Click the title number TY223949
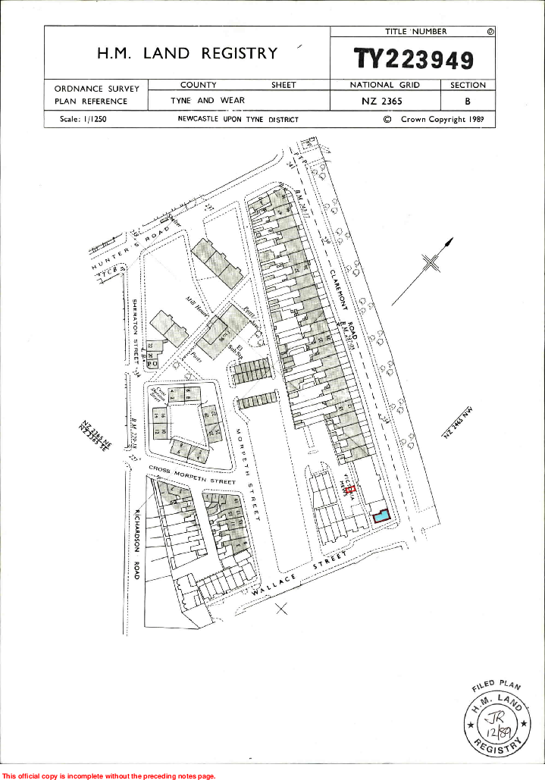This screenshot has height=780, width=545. pyautogui.click(x=414, y=60)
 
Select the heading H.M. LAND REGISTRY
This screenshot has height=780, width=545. pyautogui.click(x=187, y=53)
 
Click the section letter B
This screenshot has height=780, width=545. pyautogui.click(x=468, y=101)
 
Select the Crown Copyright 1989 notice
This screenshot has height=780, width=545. pyautogui.click(x=434, y=119)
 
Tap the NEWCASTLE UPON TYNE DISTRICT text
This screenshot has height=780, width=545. pyautogui.click(x=238, y=119)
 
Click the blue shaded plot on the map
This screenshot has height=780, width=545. pyautogui.click(x=381, y=515)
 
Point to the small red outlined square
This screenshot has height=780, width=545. pyautogui.click(x=349, y=490)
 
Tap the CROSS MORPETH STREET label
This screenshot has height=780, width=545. pyautogui.click(x=192, y=475)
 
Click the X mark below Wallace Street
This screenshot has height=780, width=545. pyautogui.click(x=282, y=607)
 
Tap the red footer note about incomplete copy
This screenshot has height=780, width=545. pyautogui.click(x=109, y=775)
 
